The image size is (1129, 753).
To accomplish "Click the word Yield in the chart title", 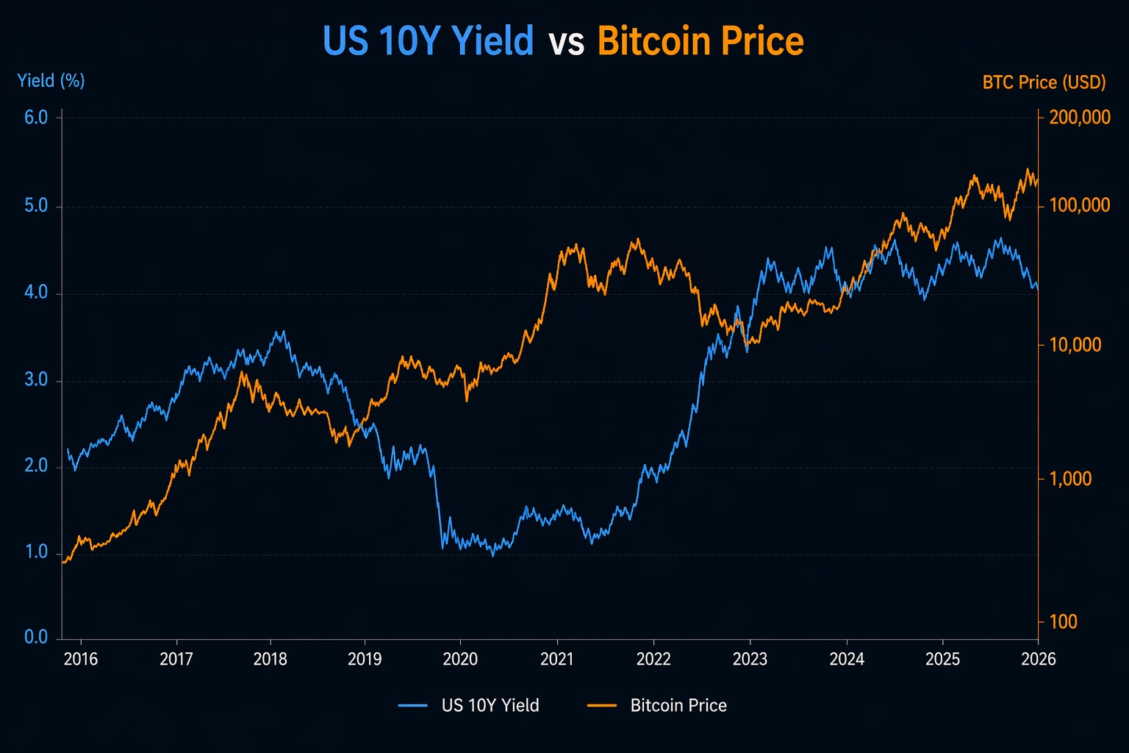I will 492,41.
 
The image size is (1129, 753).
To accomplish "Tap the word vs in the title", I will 566,43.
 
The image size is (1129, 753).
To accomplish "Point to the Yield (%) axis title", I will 51,80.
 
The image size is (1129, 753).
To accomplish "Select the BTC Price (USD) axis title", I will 1044,82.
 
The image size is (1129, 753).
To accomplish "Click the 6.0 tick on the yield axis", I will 36,118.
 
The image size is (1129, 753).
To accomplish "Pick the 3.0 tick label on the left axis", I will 36,380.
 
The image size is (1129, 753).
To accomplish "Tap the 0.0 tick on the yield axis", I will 36,638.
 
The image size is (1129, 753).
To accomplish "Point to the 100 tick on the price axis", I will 1064,622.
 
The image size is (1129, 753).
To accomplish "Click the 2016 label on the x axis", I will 81,659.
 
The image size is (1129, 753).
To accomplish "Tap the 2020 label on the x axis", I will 460,659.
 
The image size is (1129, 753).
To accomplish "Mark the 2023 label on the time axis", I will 750,659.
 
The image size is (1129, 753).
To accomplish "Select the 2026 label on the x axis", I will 1038,659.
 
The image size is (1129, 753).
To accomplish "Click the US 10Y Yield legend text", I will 490,706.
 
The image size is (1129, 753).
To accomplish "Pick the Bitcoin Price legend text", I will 678,706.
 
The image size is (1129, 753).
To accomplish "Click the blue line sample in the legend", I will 413,706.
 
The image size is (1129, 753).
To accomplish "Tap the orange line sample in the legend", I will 602,706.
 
